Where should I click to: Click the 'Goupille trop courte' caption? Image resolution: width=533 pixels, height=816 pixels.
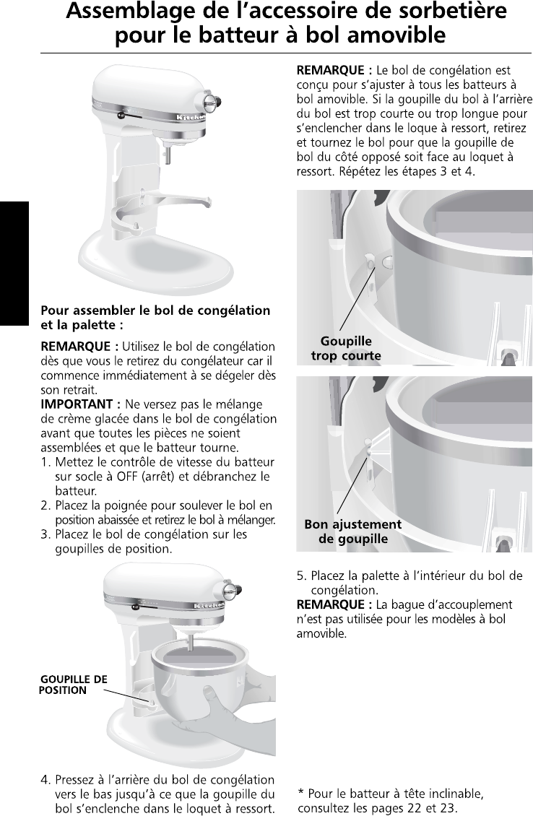tap(346, 349)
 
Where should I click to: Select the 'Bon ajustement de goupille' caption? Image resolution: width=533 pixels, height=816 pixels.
tap(353, 531)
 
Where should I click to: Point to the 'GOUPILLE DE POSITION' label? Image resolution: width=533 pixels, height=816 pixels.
tap(73, 685)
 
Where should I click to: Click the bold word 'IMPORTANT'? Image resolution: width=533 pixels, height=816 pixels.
tap(77, 404)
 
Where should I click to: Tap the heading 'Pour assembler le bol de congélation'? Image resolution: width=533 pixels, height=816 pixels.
tap(155, 311)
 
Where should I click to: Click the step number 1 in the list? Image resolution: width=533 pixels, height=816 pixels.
tap(45, 462)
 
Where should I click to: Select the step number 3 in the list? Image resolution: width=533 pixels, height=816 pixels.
tap(45, 534)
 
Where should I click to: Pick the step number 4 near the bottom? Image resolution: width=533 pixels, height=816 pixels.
tap(45, 780)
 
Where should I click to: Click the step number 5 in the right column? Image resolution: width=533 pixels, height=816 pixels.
tap(301, 576)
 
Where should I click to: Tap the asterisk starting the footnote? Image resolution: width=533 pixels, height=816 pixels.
tap(301, 791)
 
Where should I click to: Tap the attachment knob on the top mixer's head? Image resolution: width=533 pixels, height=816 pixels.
tap(212, 101)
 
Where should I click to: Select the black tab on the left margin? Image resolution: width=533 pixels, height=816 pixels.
tap(14, 263)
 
